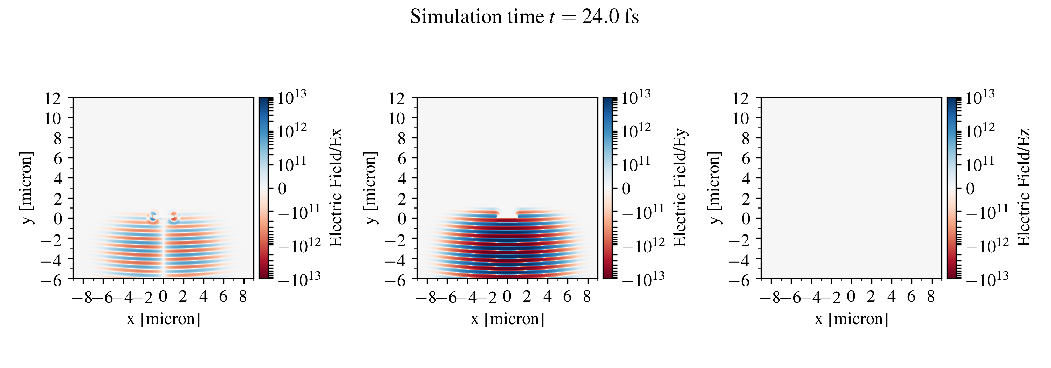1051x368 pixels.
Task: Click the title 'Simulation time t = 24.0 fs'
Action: point(524,17)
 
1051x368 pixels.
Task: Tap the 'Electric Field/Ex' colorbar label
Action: point(335,188)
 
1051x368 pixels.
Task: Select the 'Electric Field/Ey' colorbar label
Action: point(680,188)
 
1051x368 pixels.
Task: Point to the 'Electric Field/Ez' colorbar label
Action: point(1024,188)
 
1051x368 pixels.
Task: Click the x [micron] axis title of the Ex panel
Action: point(163,319)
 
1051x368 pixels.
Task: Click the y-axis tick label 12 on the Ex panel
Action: point(53,98)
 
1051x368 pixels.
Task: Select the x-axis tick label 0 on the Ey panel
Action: point(507,297)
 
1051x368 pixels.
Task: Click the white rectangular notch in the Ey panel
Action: point(507,214)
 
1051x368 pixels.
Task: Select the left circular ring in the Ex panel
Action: point(153,216)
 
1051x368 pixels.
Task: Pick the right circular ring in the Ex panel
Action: point(174,216)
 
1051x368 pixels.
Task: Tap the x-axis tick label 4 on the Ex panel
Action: point(203,297)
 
